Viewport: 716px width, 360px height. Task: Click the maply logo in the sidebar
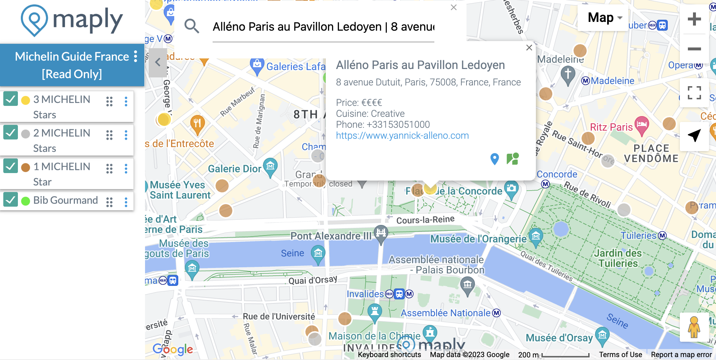[x=72, y=20]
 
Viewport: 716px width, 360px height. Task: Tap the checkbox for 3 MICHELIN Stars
[x=11, y=99]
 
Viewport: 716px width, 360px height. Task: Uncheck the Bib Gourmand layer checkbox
[x=11, y=200]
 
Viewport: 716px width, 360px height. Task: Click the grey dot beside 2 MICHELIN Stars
[x=26, y=134]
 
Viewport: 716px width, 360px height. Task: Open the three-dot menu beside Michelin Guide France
[x=136, y=57]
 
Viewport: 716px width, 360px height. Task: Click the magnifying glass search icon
[x=191, y=26]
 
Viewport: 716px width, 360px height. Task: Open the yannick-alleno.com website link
[x=402, y=135]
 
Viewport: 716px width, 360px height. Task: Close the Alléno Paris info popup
[x=529, y=48]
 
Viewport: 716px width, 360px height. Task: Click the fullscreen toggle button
[x=694, y=93]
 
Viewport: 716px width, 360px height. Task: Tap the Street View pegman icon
[x=694, y=327]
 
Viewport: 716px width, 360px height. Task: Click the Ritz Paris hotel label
[x=611, y=127]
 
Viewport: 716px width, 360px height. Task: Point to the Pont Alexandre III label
[x=331, y=236]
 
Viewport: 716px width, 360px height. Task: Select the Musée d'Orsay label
[x=559, y=338]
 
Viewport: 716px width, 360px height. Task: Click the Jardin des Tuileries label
[x=618, y=258]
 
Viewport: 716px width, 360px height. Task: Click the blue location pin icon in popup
[x=495, y=159]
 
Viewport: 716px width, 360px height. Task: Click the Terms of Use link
[x=620, y=355]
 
